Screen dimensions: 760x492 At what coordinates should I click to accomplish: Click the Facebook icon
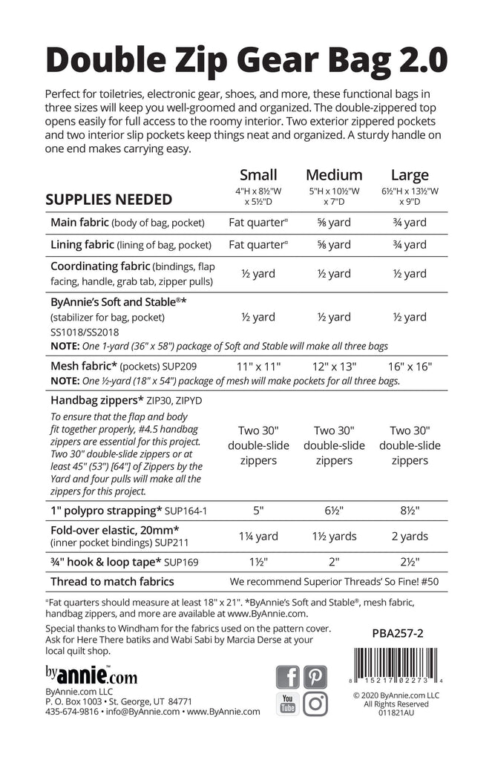coord(288,676)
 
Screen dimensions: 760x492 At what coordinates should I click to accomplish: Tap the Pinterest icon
coord(315,676)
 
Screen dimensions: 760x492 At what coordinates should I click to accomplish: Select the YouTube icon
coord(288,704)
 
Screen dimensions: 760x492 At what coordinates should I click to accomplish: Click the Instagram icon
coord(315,704)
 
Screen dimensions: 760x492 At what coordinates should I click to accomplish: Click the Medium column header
coord(334,175)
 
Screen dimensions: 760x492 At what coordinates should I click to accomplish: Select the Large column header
coord(410,175)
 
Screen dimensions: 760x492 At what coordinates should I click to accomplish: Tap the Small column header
coord(258,175)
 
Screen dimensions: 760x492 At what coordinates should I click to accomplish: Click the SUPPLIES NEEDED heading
coord(109,199)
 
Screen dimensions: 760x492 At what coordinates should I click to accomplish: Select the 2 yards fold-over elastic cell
coord(410,536)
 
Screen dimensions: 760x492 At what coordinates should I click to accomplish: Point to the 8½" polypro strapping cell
coord(410,511)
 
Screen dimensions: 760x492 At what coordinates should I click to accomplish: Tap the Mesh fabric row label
coord(81,365)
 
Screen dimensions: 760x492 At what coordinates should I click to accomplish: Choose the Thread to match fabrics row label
coord(112,581)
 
